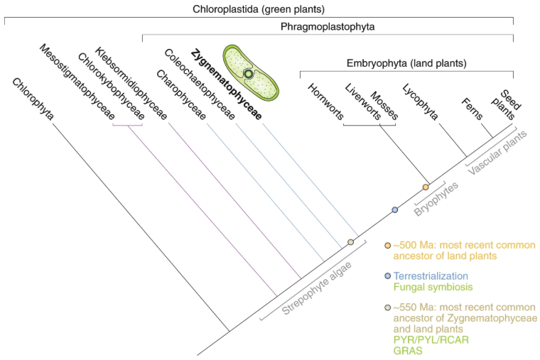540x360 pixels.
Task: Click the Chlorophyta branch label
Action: coord(33,99)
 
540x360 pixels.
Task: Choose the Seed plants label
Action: coord(507,104)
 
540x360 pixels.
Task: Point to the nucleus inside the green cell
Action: coord(248,73)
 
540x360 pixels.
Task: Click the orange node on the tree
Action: coord(426,187)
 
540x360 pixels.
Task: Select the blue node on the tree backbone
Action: coord(395,209)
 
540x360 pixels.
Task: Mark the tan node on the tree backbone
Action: coord(350,242)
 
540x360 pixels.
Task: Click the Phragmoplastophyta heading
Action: coord(328,27)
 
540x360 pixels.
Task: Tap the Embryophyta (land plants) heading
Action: coord(407,63)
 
